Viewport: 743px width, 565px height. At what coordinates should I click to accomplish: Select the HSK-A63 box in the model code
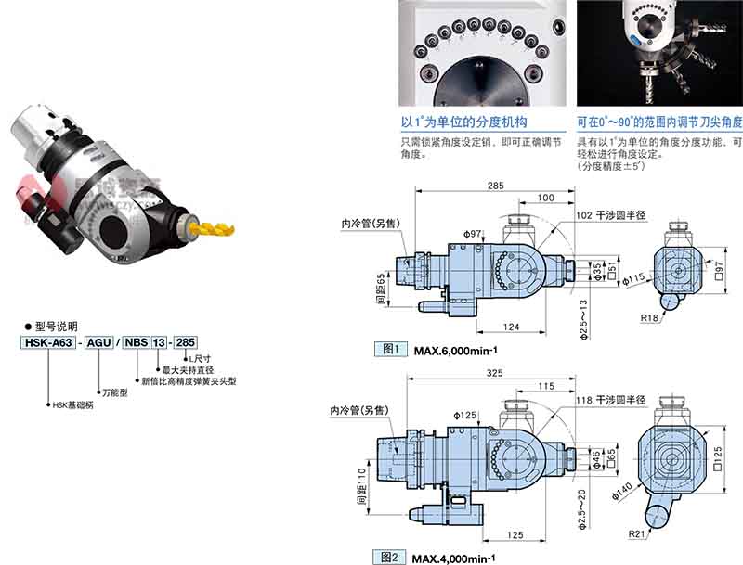[48, 341]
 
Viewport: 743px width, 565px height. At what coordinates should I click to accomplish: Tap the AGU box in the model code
[99, 341]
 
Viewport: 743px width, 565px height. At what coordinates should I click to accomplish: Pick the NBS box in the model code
[136, 341]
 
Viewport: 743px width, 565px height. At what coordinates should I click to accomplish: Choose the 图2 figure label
[389, 557]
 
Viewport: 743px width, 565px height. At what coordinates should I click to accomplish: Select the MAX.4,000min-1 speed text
[455, 558]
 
